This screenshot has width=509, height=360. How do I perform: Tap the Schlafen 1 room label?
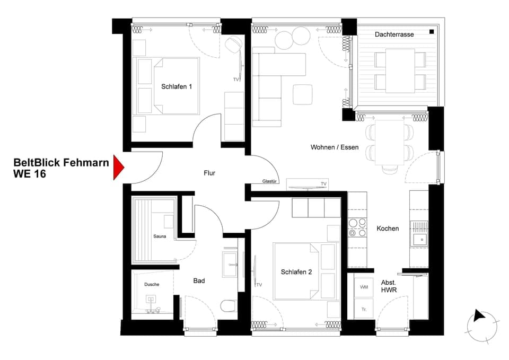pyautogui.click(x=176, y=86)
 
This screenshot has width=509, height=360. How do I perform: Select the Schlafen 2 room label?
pyautogui.click(x=296, y=272)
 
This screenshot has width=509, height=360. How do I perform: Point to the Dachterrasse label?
pyautogui.click(x=394, y=34)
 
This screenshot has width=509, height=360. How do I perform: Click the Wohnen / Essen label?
pyautogui.click(x=335, y=147)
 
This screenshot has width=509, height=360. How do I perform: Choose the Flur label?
pyautogui.click(x=209, y=173)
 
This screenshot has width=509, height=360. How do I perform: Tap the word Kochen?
pyautogui.click(x=388, y=229)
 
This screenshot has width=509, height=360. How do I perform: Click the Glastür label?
pyautogui.click(x=270, y=181)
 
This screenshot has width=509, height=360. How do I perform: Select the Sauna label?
pyautogui.click(x=160, y=236)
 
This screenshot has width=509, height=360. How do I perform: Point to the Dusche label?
pyautogui.click(x=152, y=285)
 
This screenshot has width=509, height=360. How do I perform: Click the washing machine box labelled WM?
pyautogui.click(x=364, y=287)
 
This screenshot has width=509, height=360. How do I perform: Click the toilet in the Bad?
pyautogui.click(x=228, y=306)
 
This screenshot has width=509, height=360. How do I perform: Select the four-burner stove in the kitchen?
pyautogui.click(x=357, y=228)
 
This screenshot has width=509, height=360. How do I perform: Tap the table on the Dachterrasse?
pyautogui.click(x=400, y=70)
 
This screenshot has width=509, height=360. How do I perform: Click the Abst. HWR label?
pyautogui.click(x=389, y=287)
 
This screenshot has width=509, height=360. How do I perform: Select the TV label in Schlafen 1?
pyautogui.click(x=236, y=80)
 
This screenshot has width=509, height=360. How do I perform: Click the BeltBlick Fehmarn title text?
pyautogui.click(x=61, y=163)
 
